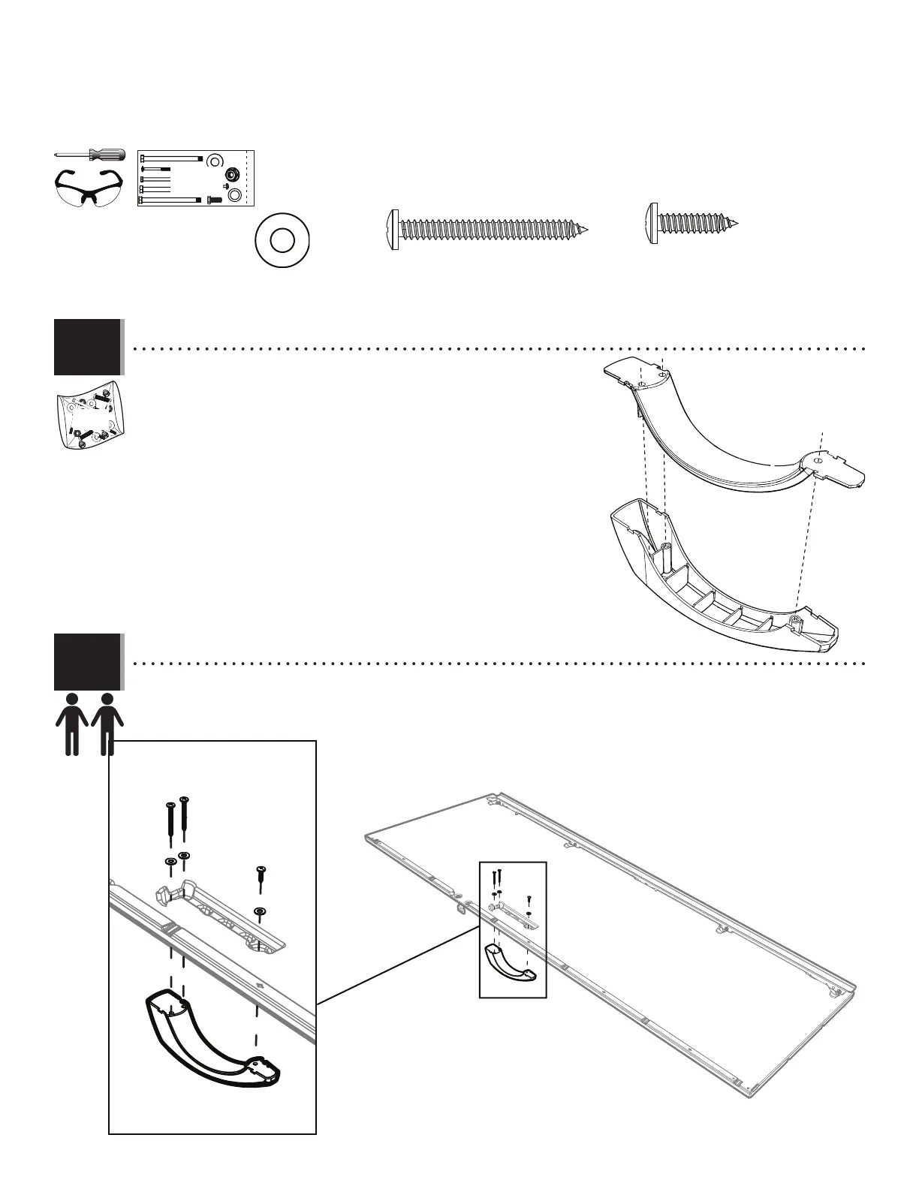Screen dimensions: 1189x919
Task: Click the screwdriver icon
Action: click(x=89, y=155)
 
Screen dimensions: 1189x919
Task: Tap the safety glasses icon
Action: click(x=89, y=188)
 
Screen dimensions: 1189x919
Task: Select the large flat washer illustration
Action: click(x=282, y=241)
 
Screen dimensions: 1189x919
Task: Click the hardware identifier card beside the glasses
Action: click(x=197, y=179)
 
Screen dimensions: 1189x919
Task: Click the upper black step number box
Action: click(x=87, y=347)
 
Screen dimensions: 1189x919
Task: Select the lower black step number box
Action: click(x=87, y=661)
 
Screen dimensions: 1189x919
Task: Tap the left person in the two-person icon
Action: click(x=72, y=724)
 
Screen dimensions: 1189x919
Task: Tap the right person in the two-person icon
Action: click(x=107, y=724)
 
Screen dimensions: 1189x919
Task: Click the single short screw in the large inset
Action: click(x=261, y=878)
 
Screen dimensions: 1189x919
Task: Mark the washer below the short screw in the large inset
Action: click(x=260, y=912)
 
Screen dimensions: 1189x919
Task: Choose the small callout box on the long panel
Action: click(x=513, y=929)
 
